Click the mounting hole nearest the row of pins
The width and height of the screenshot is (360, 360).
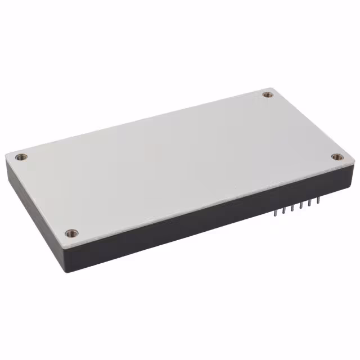coord(336,157)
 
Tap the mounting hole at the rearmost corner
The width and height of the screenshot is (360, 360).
coord(268,94)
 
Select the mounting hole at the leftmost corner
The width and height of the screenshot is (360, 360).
coord(21,157)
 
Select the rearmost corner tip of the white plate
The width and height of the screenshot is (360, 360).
coord(272,88)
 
